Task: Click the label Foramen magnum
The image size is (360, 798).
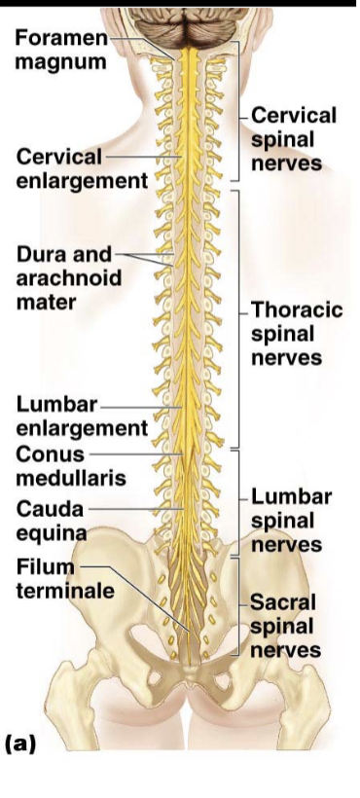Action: tap(61, 50)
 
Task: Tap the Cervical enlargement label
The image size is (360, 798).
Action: tap(83, 168)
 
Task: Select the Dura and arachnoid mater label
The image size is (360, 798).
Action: tap(69, 278)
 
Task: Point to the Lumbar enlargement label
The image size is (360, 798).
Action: tap(82, 417)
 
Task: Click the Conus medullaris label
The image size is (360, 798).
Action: tap(71, 466)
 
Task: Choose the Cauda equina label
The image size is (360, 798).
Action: tap(51, 520)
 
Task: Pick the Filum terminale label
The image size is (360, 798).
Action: tap(65, 579)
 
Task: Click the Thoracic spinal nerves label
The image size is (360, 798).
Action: tap(297, 334)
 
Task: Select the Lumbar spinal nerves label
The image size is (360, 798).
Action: tap(291, 520)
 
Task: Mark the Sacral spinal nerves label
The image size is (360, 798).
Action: tap(286, 626)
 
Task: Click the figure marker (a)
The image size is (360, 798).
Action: tap(20, 744)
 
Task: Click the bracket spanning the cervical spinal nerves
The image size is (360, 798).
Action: tap(238, 110)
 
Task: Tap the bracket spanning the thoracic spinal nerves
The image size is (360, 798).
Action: tap(238, 319)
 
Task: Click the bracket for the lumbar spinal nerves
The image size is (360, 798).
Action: tap(238, 502)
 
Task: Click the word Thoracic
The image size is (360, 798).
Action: tap(297, 310)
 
